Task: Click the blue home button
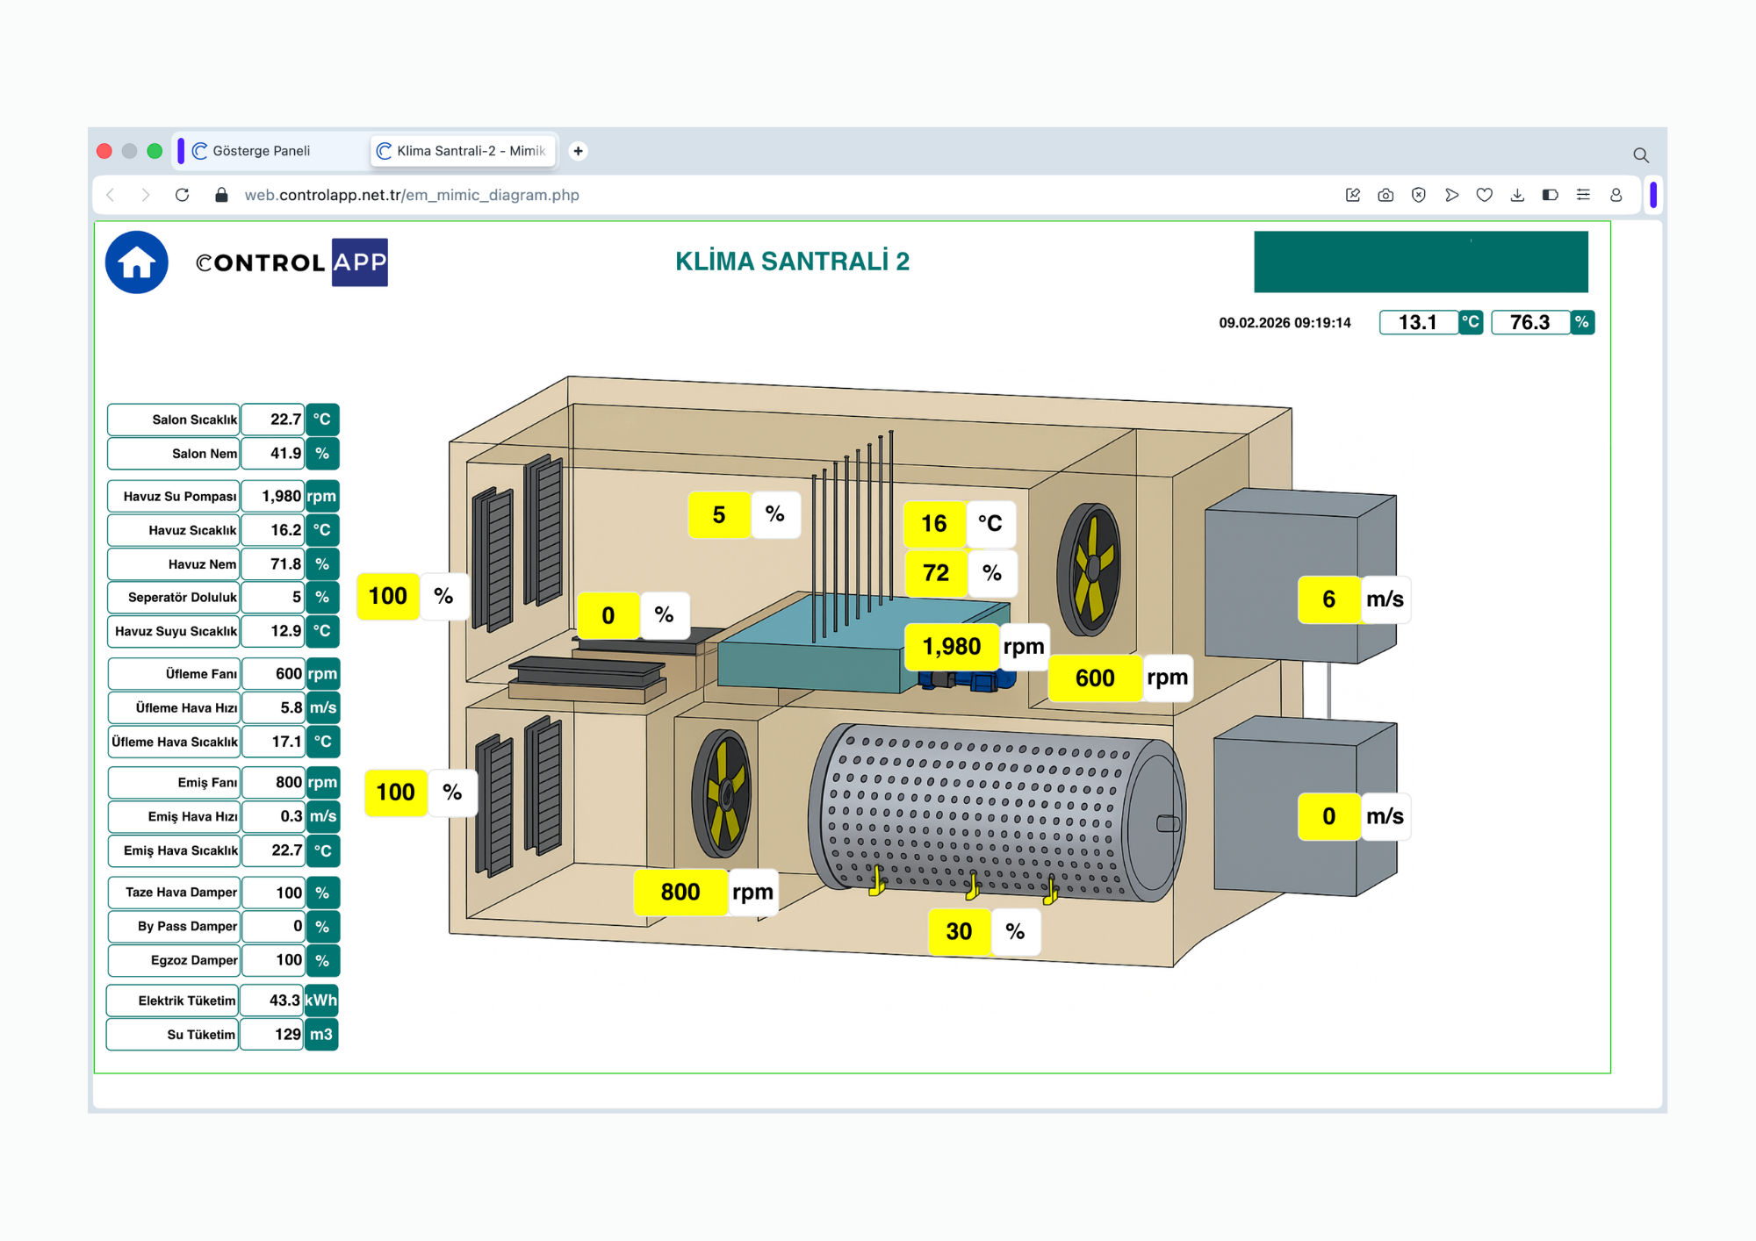137,262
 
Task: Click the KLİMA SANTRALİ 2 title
792,262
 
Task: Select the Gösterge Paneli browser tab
261,151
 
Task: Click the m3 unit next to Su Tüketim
321,1035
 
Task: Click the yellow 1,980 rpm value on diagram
952,647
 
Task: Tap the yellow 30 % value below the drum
959,931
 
